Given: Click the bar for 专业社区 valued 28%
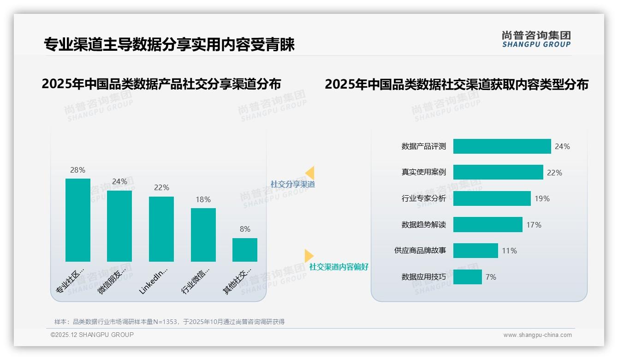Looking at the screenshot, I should (78, 220).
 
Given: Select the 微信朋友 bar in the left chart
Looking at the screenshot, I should (119, 226).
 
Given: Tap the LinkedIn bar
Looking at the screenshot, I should (161, 229).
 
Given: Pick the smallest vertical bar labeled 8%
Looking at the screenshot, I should (245, 250).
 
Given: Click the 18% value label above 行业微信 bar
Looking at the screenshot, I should (203, 199).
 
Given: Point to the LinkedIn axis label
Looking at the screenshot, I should (153, 280).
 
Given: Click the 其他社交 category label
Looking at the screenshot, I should (237, 281).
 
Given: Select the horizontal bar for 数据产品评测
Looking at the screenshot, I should (502, 146).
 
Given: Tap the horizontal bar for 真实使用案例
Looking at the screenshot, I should (498, 172).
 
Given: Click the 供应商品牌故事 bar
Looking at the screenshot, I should (475, 251).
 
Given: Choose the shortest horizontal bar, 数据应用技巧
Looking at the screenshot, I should (467, 277).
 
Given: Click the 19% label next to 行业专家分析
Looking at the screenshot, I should (542, 198).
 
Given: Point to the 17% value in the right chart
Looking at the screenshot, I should (534, 225).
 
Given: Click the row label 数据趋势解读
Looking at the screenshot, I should (423, 225).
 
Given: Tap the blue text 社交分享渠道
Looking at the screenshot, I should (292, 184).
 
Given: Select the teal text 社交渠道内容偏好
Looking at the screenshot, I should (339, 267).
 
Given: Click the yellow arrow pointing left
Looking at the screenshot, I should (310, 173).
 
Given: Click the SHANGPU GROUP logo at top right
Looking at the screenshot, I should (536, 39).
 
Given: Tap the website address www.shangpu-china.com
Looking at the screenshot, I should (537, 335).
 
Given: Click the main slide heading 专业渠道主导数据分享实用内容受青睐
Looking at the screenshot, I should (169, 45).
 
